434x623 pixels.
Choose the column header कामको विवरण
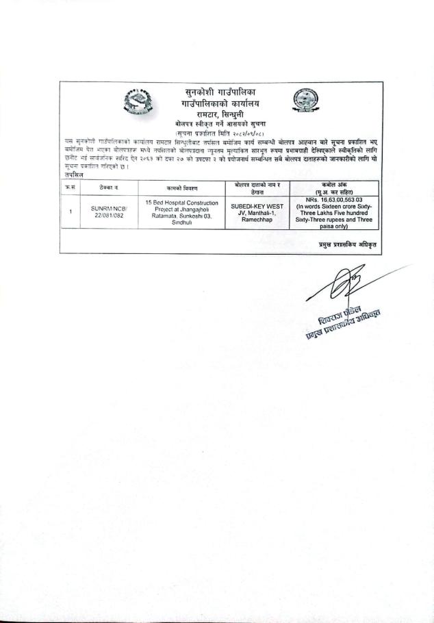pyautogui.click(x=181, y=186)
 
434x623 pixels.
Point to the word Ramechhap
pyautogui.click(x=257, y=218)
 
